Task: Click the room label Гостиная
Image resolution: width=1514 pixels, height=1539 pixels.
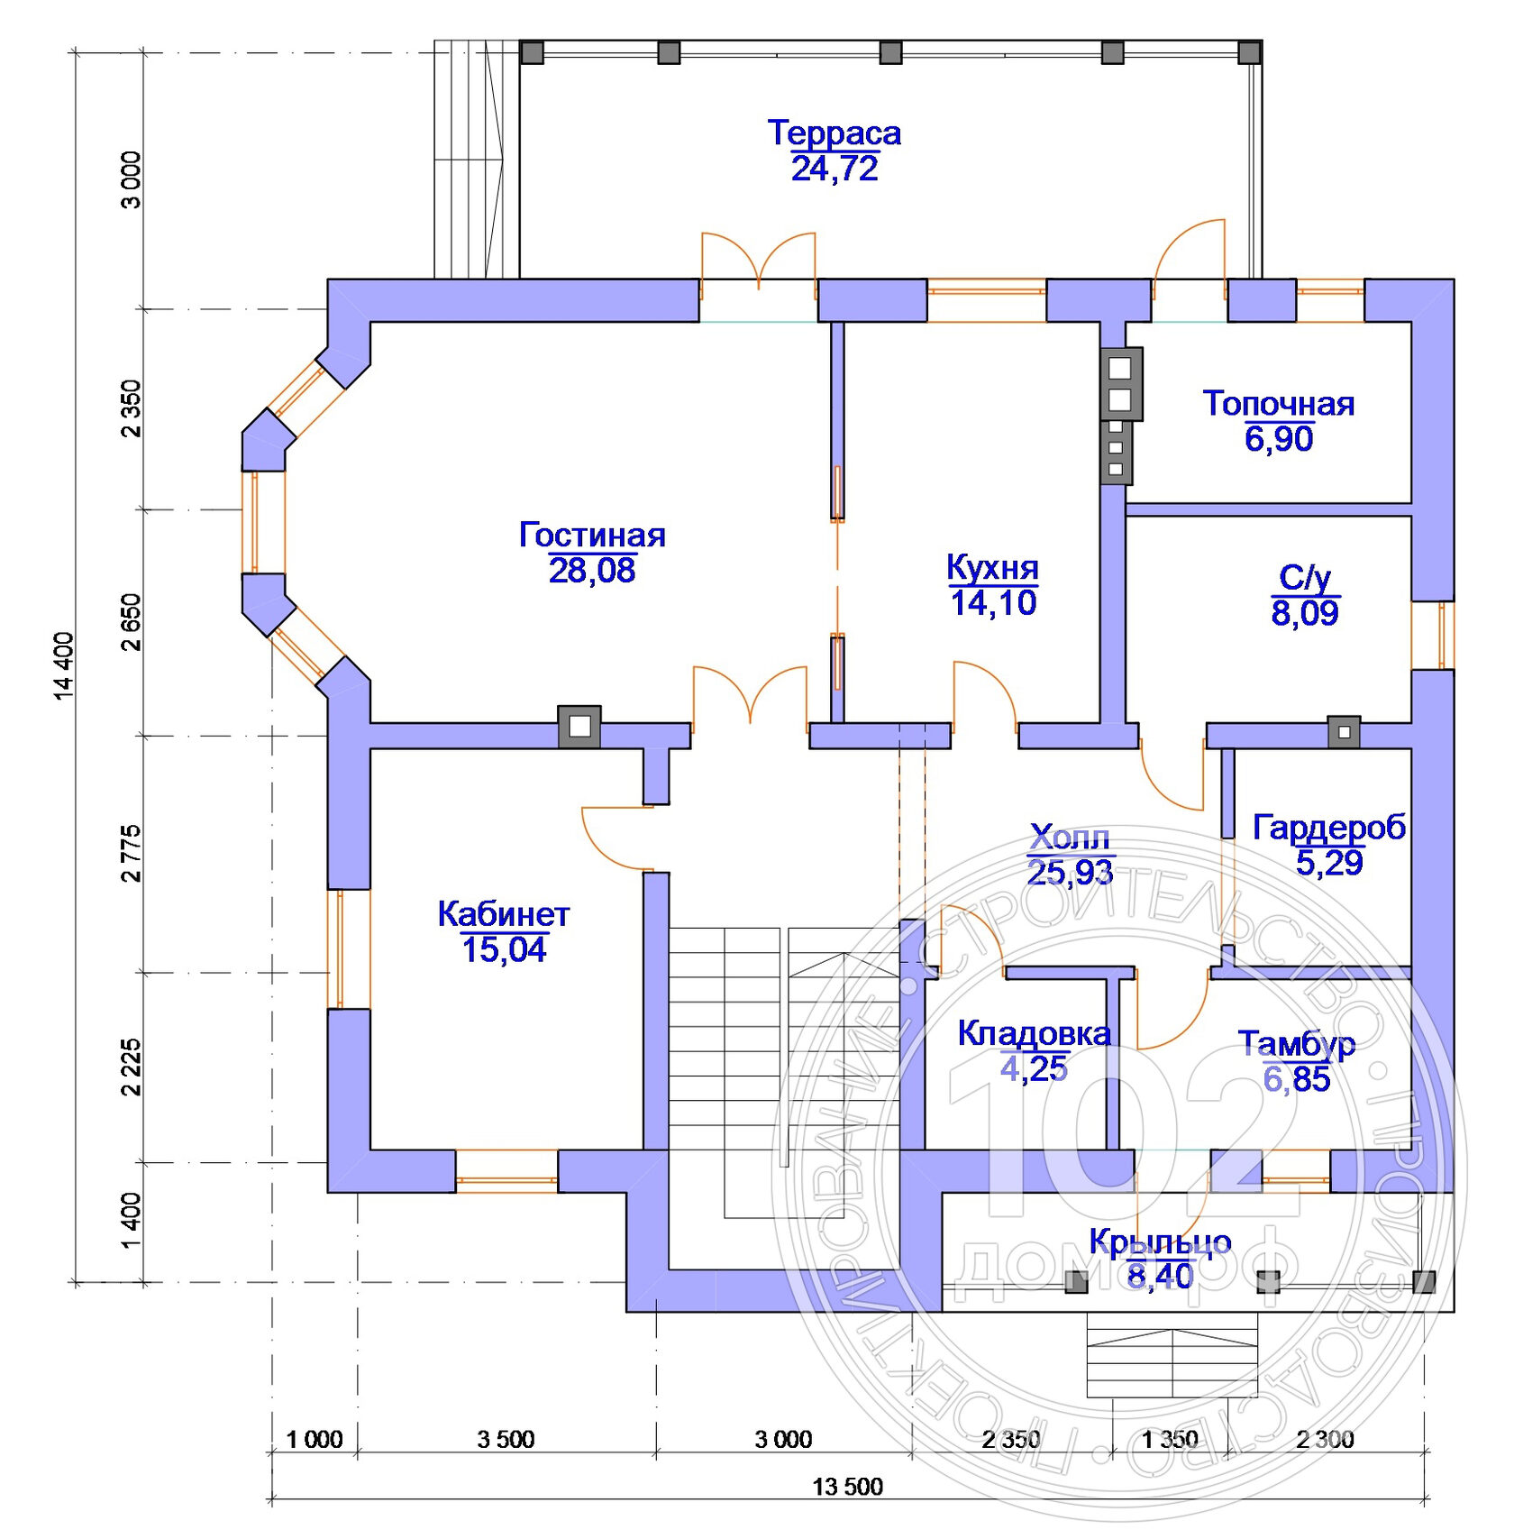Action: (x=592, y=535)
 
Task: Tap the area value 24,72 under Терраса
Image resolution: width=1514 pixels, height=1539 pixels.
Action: (x=835, y=169)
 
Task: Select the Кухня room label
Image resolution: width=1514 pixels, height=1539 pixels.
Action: (x=992, y=568)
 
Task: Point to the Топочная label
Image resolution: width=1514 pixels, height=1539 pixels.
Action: (x=1278, y=403)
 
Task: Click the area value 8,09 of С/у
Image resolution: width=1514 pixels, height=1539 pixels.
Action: (x=1305, y=613)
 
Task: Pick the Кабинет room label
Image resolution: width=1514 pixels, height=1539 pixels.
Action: (x=504, y=914)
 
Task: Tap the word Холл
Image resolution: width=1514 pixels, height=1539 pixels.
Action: (x=1070, y=838)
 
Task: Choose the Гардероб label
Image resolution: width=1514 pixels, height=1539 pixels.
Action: (x=1329, y=828)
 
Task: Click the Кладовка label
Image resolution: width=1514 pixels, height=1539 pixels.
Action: (x=1034, y=1033)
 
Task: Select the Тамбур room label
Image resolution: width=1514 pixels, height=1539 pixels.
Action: (x=1296, y=1044)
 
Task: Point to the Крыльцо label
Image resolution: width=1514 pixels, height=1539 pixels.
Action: (x=1160, y=1242)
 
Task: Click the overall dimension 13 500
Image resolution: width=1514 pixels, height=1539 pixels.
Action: (x=847, y=1487)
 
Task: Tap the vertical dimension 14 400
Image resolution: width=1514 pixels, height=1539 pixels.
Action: (x=63, y=665)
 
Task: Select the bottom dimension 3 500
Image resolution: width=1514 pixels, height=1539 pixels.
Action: (x=506, y=1440)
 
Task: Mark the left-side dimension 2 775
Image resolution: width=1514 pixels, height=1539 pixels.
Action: (x=132, y=853)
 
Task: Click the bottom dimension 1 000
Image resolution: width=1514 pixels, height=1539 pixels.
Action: (x=315, y=1440)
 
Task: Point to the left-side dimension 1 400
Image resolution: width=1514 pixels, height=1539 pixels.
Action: (x=132, y=1221)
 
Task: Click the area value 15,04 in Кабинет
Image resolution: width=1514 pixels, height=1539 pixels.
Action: (x=504, y=950)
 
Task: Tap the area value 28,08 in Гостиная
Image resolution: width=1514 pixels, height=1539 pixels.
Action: (x=592, y=571)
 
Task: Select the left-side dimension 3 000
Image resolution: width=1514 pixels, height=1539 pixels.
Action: (x=132, y=180)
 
